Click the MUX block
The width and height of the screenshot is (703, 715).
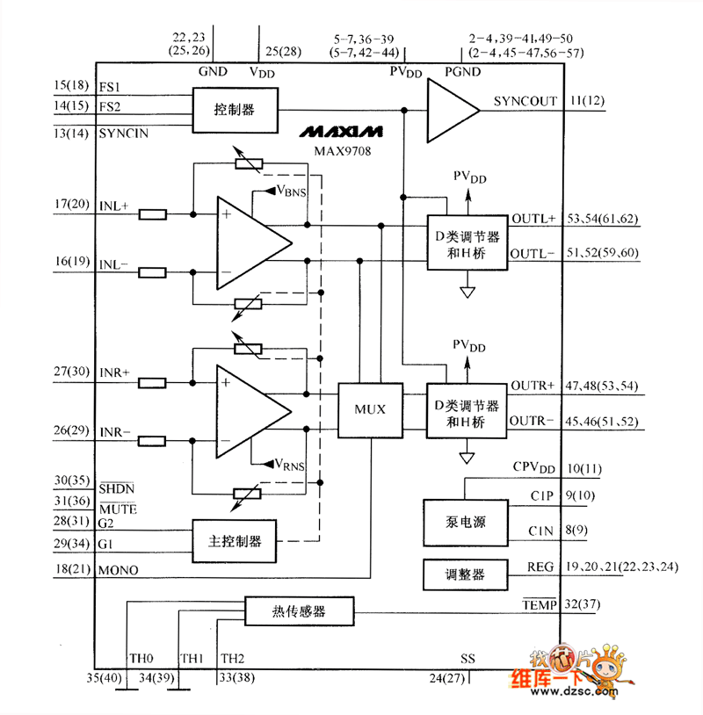(x=370, y=408)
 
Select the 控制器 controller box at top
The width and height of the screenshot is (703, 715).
(x=234, y=111)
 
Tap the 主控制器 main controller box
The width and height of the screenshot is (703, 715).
(x=233, y=540)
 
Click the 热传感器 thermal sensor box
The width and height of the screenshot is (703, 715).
(x=298, y=610)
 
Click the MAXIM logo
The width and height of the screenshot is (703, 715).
(x=339, y=132)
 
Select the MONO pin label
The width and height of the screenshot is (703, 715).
(x=119, y=570)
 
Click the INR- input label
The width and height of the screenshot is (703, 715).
(x=115, y=432)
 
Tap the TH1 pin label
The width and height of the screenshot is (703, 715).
(x=192, y=658)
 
